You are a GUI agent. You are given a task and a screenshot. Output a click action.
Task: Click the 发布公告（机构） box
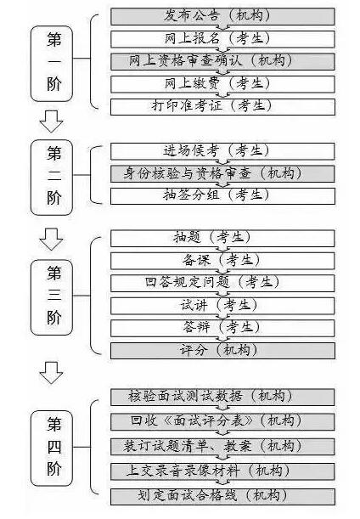(x=222, y=16)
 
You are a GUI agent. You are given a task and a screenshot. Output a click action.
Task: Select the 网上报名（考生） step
(x=222, y=39)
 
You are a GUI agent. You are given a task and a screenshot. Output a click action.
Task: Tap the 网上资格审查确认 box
(x=222, y=61)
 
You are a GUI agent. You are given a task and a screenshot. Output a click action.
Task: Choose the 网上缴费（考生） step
(x=222, y=84)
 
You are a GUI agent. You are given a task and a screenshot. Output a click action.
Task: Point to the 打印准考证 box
(x=222, y=106)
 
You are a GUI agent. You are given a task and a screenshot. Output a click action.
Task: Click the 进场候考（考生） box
(x=222, y=151)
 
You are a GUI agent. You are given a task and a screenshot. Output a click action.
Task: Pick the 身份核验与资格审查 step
(x=222, y=174)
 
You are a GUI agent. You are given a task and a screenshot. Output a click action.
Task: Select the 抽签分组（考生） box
(x=222, y=196)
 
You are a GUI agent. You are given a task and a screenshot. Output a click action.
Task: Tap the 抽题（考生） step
(x=222, y=239)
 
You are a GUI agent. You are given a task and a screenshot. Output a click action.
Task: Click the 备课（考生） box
(x=222, y=261)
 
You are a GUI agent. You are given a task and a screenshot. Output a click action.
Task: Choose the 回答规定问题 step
(x=222, y=283)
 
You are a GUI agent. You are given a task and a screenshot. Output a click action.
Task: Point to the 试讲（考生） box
(x=222, y=306)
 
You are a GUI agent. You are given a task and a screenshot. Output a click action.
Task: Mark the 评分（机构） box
(x=222, y=351)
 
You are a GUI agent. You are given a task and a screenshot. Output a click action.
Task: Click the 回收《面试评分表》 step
(x=222, y=421)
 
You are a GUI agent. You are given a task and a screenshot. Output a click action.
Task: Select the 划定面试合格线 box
(x=222, y=497)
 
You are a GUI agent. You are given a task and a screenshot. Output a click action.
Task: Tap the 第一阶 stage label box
(x=52, y=64)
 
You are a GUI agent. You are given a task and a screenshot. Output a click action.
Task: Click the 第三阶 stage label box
(x=52, y=297)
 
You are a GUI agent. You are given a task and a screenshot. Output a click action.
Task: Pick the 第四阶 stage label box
(x=52, y=448)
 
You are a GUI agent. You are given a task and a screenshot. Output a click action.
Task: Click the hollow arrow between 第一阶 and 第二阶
(x=51, y=121)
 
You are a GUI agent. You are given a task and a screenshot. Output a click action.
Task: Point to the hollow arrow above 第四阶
(x=51, y=373)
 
